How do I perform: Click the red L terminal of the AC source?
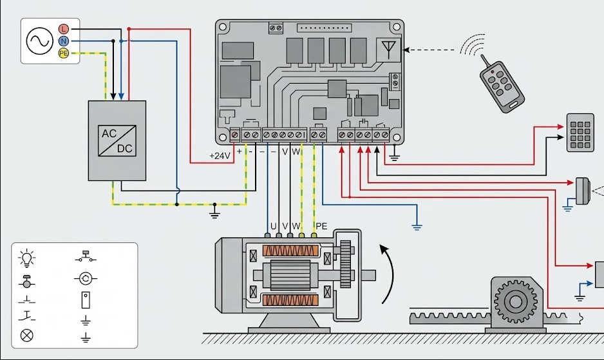click(63, 29)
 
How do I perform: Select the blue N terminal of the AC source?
click(63, 41)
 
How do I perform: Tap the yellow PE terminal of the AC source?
click(63, 53)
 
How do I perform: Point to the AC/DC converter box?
click(117, 140)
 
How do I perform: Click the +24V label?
click(220, 156)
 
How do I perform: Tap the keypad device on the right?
click(580, 132)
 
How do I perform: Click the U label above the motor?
click(273, 226)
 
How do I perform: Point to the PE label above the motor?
click(321, 226)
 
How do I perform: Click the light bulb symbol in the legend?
click(27, 258)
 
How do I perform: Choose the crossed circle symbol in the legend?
click(27, 335)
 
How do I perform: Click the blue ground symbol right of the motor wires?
click(417, 225)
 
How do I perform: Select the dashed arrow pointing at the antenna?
click(431, 49)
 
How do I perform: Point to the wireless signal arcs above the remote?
click(471, 45)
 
